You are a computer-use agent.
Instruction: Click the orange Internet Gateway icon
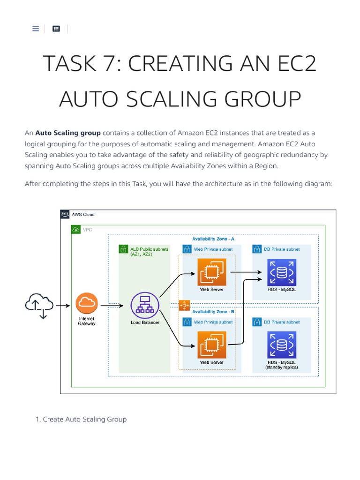click(x=87, y=303)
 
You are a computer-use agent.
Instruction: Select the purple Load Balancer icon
click(x=144, y=306)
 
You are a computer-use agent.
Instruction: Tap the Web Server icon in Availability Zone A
click(x=212, y=272)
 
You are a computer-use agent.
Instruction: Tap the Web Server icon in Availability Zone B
click(x=212, y=345)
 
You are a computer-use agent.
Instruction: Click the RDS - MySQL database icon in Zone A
click(x=281, y=272)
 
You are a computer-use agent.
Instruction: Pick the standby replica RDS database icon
click(x=281, y=345)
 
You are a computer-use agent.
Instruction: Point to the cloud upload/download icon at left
click(x=39, y=305)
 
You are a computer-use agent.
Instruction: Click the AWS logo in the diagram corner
click(x=65, y=214)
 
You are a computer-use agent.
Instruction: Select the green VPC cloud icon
click(x=76, y=229)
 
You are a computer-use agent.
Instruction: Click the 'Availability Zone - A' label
click(x=213, y=239)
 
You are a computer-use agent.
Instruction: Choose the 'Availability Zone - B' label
click(x=213, y=312)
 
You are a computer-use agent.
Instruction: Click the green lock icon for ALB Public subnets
click(x=123, y=249)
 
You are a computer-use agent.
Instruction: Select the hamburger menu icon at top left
click(x=36, y=29)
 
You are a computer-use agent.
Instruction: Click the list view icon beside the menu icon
click(x=56, y=29)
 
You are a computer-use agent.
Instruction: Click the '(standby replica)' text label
click(x=281, y=367)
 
